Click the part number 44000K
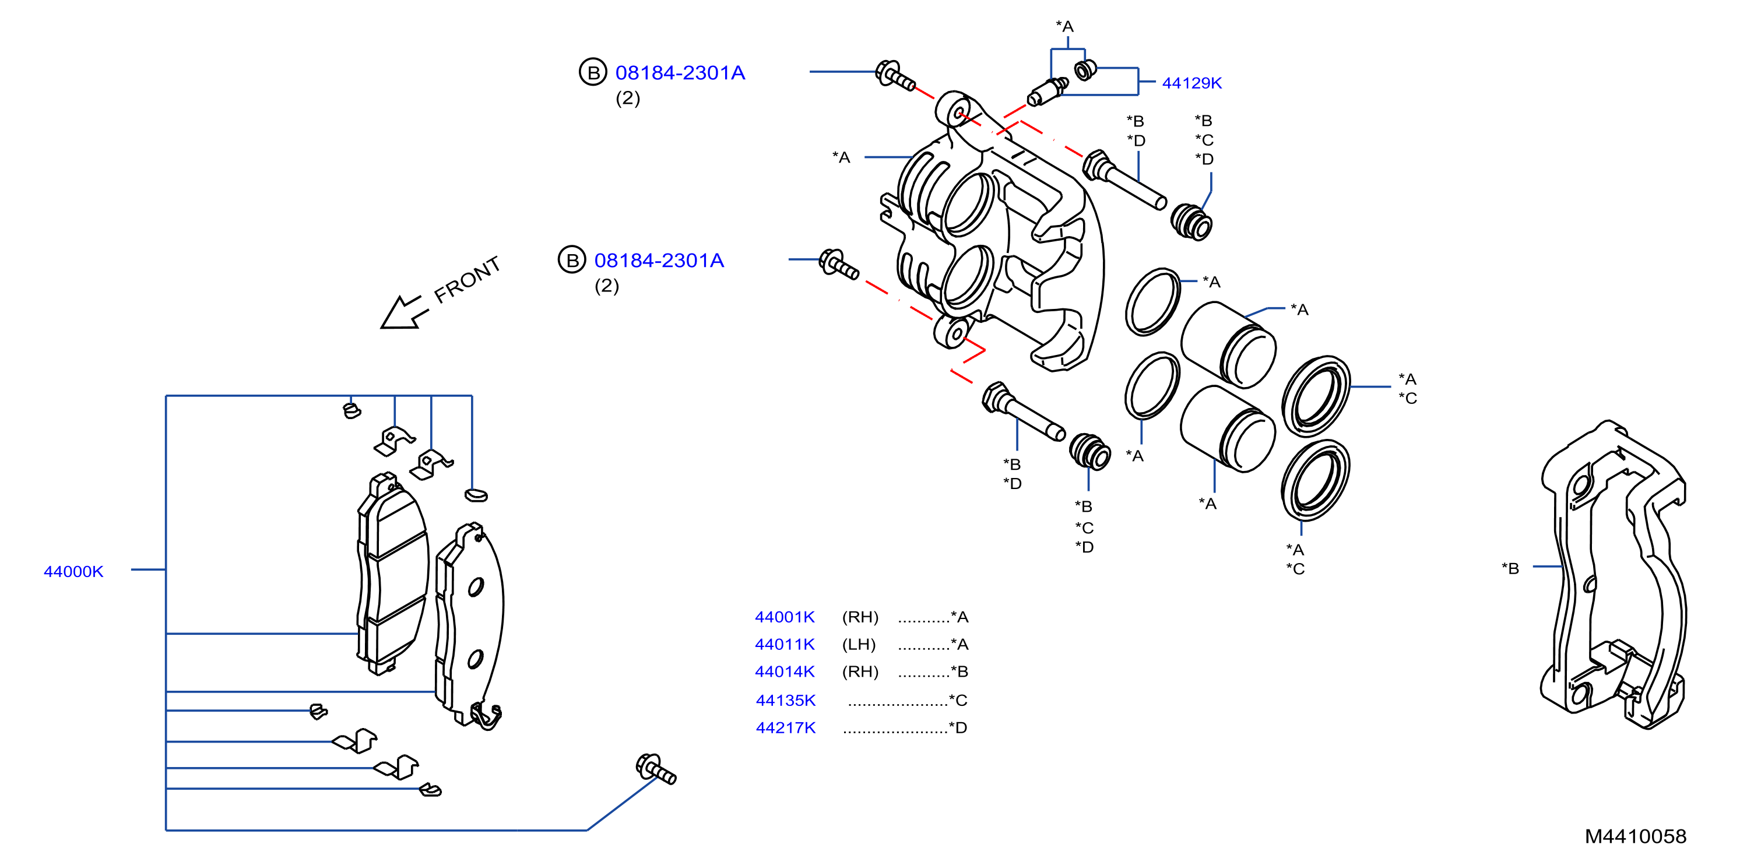tap(73, 571)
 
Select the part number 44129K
tap(1191, 83)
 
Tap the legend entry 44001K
tap(785, 617)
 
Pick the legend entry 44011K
tap(785, 644)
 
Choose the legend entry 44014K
tap(785, 671)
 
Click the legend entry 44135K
tap(785, 700)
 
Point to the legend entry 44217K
tap(785, 727)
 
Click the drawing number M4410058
tap(1636, 836)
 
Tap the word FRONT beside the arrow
tap(467, 279)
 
